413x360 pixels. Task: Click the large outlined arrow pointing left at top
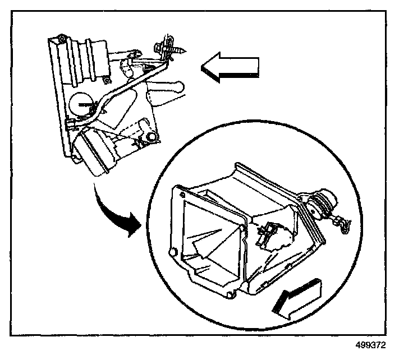tap(231, 66)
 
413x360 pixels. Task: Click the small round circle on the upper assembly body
tap(81, 103)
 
